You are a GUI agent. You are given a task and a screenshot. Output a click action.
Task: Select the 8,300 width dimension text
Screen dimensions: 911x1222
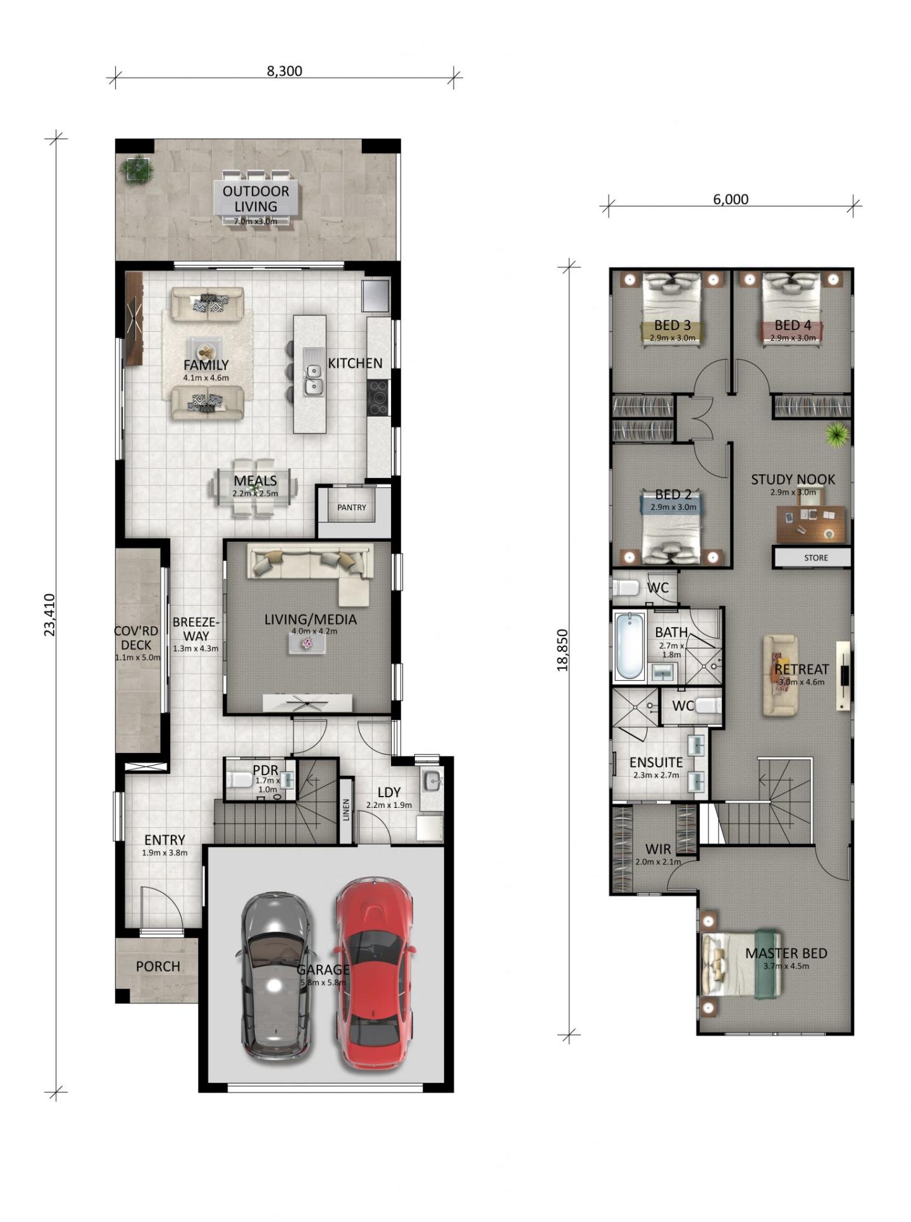point(284,71)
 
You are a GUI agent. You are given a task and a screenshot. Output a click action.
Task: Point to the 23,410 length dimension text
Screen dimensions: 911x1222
point(49,614)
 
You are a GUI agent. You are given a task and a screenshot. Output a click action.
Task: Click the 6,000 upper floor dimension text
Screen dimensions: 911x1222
point(731,199)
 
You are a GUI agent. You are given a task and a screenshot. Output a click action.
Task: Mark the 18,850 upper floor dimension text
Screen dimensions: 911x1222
point(563,649)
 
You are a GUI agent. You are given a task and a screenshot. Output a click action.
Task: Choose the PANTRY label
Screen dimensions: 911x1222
point(352,507)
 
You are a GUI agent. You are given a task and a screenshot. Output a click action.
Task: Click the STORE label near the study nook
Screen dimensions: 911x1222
point(816,558)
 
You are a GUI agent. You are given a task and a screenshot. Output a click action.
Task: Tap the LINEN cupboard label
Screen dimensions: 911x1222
point(346,810)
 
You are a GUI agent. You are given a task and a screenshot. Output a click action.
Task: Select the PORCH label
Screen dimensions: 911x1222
point(158,967)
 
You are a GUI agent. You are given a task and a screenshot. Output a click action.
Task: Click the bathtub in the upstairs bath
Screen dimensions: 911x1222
point(629,645)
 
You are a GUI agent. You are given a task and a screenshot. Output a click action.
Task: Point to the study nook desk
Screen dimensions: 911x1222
point(811,523)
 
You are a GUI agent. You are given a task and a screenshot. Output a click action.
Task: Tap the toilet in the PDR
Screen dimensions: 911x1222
point(240,779)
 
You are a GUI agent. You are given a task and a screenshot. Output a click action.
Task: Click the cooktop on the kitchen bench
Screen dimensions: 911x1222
point(378,398)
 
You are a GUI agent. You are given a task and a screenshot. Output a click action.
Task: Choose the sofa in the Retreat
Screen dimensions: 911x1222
point(780,675)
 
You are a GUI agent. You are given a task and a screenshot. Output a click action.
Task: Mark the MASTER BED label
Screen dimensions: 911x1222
point(786,953)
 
